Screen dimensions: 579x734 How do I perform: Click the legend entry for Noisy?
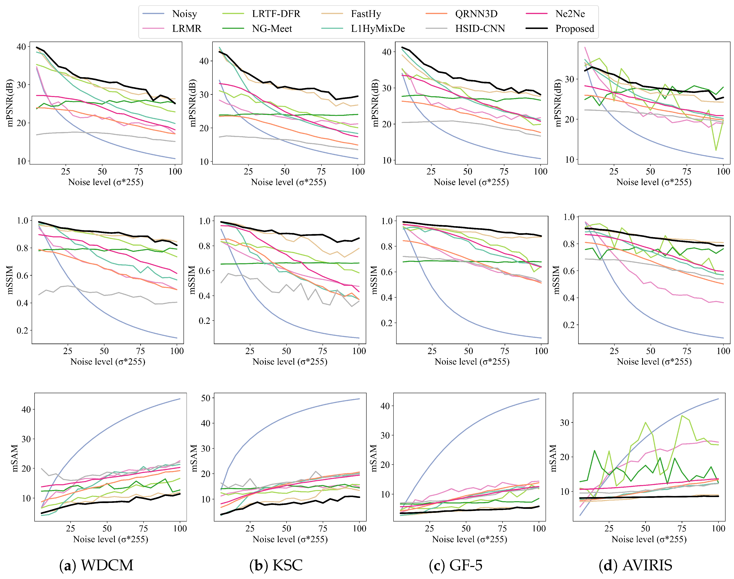coord(184,14)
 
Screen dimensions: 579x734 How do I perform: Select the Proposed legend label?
coord(574,29)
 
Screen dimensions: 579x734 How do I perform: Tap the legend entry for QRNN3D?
coord(476,14)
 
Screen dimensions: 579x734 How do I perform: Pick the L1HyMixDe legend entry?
coord(378,29)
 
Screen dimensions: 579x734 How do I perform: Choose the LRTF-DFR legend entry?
coord(276,14)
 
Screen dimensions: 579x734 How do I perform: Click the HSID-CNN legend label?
coord(480,29)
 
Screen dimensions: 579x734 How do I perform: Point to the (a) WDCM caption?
coord(97,565)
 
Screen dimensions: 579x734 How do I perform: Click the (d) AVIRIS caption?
coord(635,565)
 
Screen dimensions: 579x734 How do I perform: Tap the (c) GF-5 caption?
coord(456,565)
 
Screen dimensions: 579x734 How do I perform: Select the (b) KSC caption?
coord(276,565)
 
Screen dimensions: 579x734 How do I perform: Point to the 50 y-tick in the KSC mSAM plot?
coord(205,398)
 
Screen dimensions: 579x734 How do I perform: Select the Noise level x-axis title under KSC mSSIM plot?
coord(290,362)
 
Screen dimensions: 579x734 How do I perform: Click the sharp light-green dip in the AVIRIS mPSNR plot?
coord(716,150)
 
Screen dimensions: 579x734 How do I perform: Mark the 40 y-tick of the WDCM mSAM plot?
coord(26,410)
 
